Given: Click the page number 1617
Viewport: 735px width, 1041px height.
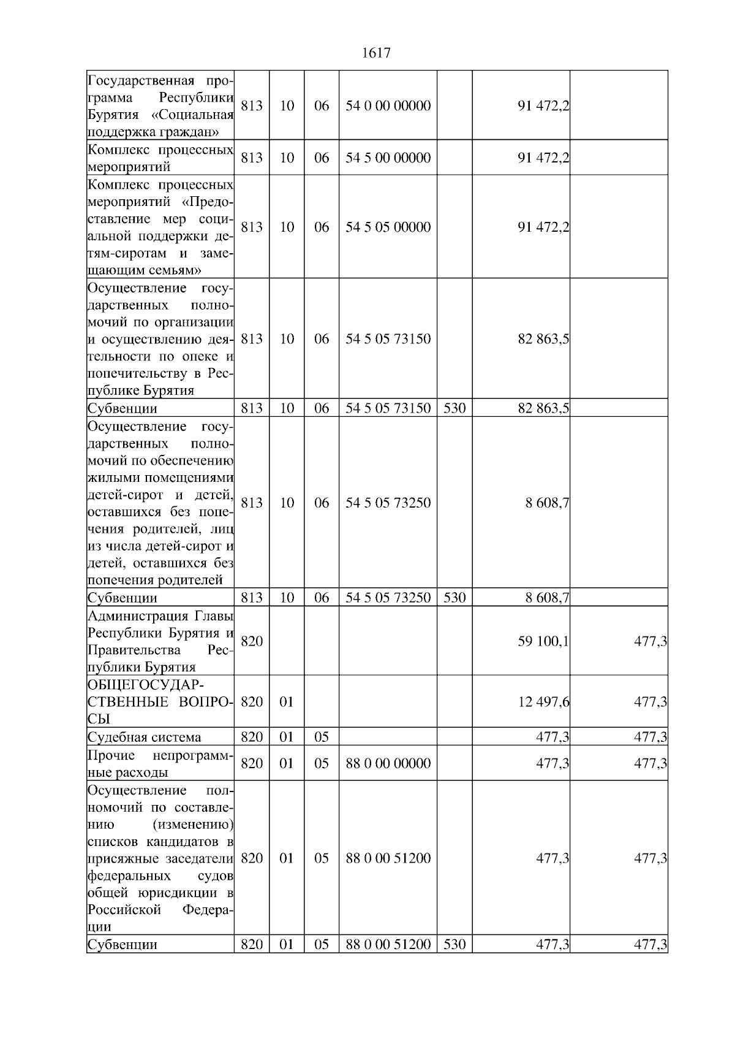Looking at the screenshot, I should tap(376, 53).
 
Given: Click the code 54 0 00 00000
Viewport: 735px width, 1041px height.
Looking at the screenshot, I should tap(388, 105).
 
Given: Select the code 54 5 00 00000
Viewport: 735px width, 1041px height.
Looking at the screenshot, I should tap(388, 158).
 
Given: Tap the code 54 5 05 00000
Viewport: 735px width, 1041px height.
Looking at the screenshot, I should tap(388, 227).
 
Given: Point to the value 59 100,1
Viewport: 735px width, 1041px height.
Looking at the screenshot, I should tap(543, 641).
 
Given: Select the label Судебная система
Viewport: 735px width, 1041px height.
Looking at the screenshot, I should tap(144, 737).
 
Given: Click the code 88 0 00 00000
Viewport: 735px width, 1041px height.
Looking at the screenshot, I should tap(388, 763).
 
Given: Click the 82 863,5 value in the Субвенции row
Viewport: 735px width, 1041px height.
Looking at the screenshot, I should tap(543, 408).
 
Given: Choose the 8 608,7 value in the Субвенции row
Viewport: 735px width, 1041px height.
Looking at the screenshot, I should tap(547, 598).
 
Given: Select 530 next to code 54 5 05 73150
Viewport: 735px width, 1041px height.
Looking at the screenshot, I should tap(454, 408).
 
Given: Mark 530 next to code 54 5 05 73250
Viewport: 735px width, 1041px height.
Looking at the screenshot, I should tap(454, 598).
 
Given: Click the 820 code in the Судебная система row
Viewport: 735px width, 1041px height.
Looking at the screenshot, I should tap(252, 737).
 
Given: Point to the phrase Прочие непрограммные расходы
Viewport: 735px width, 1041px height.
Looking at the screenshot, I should tap(160, 764).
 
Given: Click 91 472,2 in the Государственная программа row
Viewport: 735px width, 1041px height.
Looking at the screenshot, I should tap(543, 105).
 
